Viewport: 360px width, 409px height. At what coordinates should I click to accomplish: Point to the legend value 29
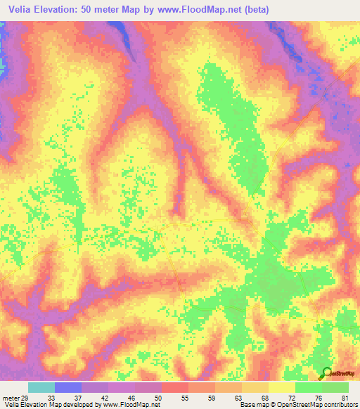pos(26,398)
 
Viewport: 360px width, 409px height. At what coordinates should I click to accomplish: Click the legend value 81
pos(345,398)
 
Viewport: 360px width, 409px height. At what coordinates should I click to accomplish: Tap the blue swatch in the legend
pos(68,387)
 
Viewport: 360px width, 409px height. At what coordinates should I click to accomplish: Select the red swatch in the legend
pos(174,387)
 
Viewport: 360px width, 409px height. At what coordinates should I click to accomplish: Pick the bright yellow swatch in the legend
pos(282,387)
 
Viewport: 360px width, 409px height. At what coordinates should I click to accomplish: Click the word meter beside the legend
pos(10,398)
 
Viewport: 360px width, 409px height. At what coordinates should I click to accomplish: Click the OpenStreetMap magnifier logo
pos(327,375)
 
